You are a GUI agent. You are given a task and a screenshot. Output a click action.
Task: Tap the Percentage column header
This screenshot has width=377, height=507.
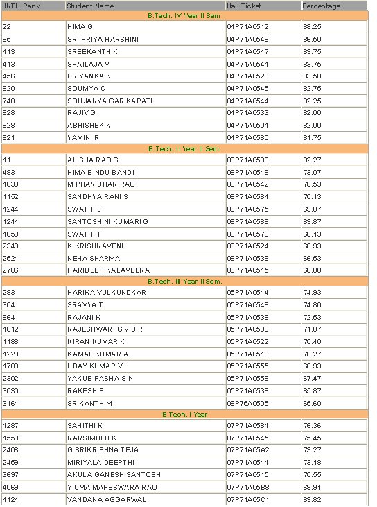[x=322, y=6]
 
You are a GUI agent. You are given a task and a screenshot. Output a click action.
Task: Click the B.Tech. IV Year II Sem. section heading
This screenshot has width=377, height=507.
[x=184, y=15]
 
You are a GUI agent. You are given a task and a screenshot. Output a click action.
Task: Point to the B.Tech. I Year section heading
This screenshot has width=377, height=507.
[x=184, y=414]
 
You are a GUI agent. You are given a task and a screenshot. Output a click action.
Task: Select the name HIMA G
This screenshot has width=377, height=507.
[x=80, y=26]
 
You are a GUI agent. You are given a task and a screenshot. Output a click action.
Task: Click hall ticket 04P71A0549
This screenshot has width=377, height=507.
[x=247, y=39]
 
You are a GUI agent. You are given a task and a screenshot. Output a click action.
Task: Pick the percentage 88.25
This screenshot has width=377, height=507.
[x=312, y=26]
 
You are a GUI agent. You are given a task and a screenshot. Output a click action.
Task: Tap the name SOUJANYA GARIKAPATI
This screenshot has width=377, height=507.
[x=105, y=101]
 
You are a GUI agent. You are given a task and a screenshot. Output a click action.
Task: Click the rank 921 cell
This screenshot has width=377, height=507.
[x=9, y=137]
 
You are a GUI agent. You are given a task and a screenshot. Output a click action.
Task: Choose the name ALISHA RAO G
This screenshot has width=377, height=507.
[x=93, y=160]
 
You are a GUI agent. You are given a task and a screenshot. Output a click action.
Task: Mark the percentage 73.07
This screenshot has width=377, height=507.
[x=312, y=172]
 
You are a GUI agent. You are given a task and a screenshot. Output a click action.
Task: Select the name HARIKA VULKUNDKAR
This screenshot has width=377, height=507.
[x=106, y=292]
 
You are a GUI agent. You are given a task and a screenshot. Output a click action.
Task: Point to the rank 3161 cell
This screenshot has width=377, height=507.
[x=10, y=403]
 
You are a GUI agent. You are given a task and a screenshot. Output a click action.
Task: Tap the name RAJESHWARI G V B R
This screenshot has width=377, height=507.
[x=105, y=329]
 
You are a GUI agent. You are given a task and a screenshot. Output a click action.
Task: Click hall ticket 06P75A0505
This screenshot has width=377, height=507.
[x=247, y=403]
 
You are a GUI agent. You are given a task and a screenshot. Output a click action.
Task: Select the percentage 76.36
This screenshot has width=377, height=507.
[x=312, y=425]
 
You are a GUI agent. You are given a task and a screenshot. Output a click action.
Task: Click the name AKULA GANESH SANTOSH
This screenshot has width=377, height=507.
[x=114, y=474]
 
